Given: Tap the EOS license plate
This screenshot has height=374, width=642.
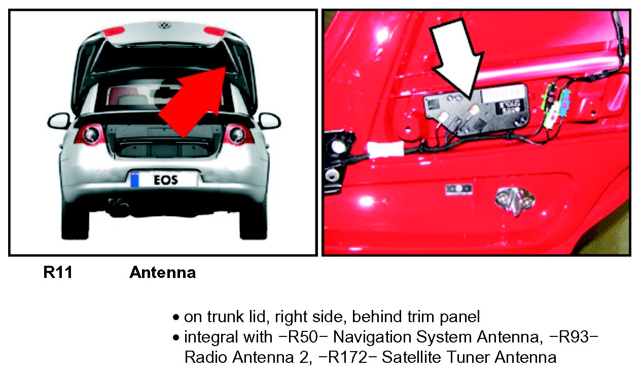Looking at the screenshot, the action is click(x=163, y=180).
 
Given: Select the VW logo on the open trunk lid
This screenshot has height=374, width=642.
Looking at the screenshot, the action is click(x=164, y=26).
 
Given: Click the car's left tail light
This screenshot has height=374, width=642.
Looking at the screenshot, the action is click(x=90, y=134).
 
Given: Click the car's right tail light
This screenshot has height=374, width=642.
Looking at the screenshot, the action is click(x=238, y=134).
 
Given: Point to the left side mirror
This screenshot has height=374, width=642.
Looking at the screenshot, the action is click(x=59, y=120).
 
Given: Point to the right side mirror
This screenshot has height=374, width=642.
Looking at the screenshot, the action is click(x=269, y=120).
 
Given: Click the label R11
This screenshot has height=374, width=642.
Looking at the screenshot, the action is click(x=58, y=272).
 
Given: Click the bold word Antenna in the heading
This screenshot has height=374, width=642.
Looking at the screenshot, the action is click(x=162, y=272).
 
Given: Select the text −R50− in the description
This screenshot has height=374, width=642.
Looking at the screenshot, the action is click(x=303, y=337).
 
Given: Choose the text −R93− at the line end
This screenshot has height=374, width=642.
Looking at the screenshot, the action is click(x=574, y=337).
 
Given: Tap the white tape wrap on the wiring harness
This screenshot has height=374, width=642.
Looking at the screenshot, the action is click(x=384, y=149).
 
